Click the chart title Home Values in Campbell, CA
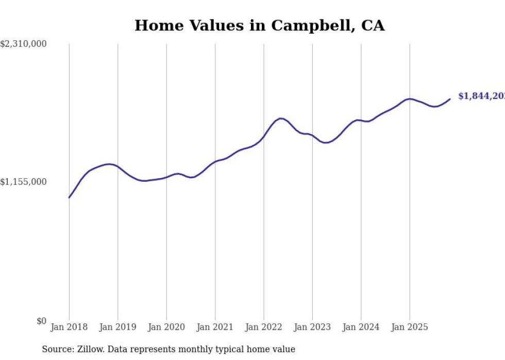[259, 25]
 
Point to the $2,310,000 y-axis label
[23, 44]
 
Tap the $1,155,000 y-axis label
[23, 182]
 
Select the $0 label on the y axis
[41, 321]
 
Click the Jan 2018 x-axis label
[69, 327]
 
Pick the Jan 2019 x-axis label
[118, 327]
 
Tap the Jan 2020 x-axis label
[166, 327]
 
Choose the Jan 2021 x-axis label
[215, 327]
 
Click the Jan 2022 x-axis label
[264, 327]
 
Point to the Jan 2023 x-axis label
[312, 327]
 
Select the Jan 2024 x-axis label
[361, 327]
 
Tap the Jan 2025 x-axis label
[410, 327]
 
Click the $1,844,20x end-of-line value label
[481, 96]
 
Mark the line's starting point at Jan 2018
[69, 197]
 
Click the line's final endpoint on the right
[450, 99]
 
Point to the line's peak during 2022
[281, 118]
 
